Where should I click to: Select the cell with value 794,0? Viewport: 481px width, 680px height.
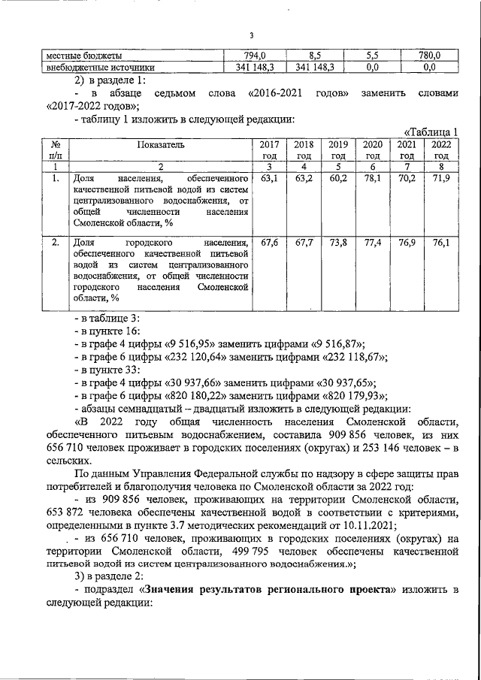(256, 56)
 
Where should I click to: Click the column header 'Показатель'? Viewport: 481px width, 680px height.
(161, 144)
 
